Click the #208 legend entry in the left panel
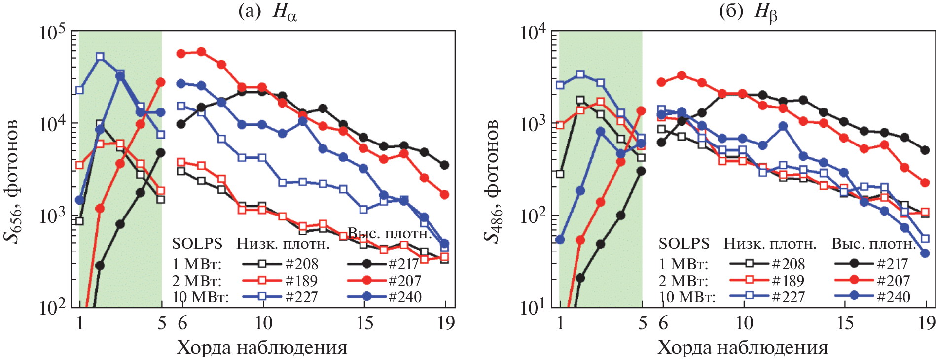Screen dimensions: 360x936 point(302,264)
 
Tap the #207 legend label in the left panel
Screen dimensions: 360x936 point(405,281)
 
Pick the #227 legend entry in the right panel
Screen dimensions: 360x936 point(788,297)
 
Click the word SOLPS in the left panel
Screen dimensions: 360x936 point(197,244)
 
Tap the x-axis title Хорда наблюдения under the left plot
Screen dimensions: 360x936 point(262,348)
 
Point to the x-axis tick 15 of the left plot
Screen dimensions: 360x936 point(364,323)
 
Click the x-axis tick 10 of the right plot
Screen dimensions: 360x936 point(744,323)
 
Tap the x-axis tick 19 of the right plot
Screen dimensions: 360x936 point(927,323)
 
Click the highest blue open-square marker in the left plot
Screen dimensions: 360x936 point(100,57)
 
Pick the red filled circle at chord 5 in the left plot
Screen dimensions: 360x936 point(161,82)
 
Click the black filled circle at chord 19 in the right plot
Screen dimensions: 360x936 point(925,150)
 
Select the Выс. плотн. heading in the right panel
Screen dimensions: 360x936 point(873,244)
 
